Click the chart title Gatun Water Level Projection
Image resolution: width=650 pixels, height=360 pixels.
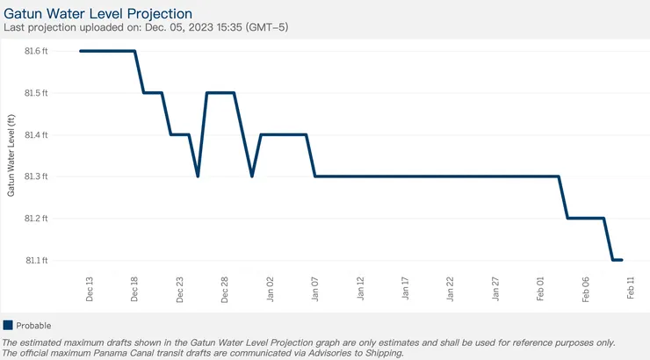pos(98,13)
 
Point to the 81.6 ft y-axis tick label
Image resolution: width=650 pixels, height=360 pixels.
pos(36,51)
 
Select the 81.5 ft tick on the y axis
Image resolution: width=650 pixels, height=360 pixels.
pos(36,93)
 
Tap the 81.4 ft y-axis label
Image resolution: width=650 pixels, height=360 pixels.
pos(36,135)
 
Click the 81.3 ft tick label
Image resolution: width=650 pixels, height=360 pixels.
pos(36,176)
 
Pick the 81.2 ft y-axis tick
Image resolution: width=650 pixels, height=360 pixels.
pos(36,219)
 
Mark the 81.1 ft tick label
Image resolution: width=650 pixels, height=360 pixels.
pos(36,261)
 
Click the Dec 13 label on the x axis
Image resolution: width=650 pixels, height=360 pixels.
pos(90,289)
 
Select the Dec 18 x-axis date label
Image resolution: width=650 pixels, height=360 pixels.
pos(134,289)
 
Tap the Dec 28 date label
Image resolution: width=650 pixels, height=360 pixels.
pos(225,289)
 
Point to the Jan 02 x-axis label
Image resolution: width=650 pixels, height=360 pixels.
pos(270,289)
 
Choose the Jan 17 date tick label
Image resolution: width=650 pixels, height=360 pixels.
pos(405,289)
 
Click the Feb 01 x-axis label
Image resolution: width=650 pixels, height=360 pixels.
pos(540,289)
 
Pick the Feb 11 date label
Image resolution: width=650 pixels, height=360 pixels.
pos(631,289)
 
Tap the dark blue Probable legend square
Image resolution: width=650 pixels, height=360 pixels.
pos(8,325)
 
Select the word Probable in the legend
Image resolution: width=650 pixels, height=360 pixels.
pos(34,325)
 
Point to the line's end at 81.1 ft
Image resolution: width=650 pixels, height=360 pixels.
pos(622,260)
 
